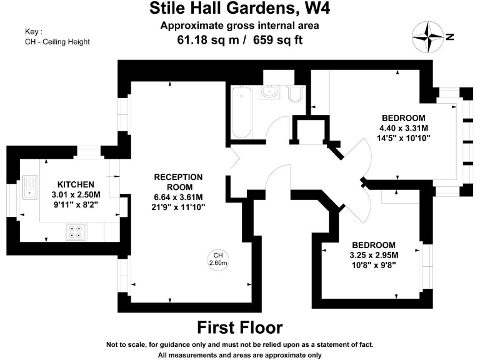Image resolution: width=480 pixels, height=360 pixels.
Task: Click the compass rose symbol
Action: (x=427, y=36)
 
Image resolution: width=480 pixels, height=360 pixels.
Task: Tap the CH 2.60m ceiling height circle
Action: (x=218, y=259)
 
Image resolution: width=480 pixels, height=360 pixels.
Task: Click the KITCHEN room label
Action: (x=76, y=184)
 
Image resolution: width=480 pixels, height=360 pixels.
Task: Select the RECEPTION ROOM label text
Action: (x=178, y=182)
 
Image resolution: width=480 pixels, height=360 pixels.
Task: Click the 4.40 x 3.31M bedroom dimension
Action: (x=403, y=127)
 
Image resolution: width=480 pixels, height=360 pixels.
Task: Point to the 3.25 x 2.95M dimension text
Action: (x=373, y=254)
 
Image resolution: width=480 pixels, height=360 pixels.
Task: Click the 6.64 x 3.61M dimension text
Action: (x=178, y=197)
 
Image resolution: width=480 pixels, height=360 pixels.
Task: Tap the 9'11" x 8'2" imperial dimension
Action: (x=76, y=203)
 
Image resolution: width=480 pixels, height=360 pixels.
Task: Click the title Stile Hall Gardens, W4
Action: (x=240, y=9)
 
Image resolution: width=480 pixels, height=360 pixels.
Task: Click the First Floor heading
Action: (x=240, y=327)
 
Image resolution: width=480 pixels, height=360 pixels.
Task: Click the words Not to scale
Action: (x=126, y=344)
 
